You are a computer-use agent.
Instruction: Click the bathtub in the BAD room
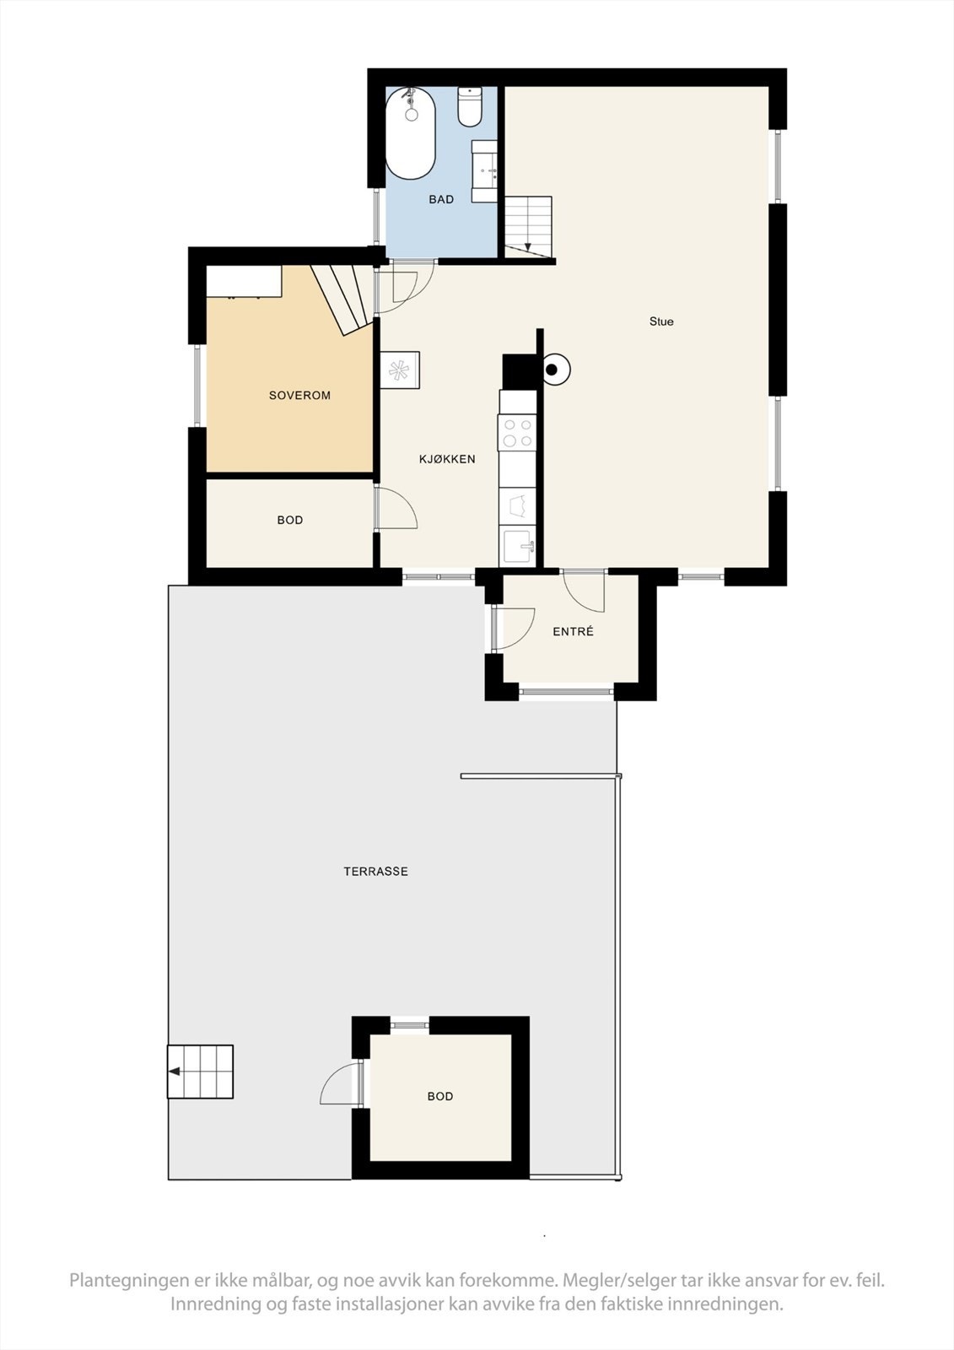[411, 134]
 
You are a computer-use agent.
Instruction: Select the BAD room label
[441, 200]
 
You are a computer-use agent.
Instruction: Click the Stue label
[661, 321]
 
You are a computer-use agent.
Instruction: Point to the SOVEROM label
[299, 396]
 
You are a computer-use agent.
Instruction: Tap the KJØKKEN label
[447, 460]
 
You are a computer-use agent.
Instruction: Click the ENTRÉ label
[573, 632]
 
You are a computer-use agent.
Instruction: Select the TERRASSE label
[375, 872]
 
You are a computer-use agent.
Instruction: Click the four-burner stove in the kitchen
[517, 433]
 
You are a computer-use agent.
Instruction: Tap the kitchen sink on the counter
[517, 546]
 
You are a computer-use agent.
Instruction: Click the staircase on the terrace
[200, 1072]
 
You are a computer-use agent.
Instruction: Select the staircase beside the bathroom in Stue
[528, 224]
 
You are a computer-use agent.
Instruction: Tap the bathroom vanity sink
[485, 171]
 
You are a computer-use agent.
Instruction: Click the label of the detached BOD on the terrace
[440, 1097]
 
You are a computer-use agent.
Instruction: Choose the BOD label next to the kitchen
[290, 521]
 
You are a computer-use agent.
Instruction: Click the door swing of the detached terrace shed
[339, 1085]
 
